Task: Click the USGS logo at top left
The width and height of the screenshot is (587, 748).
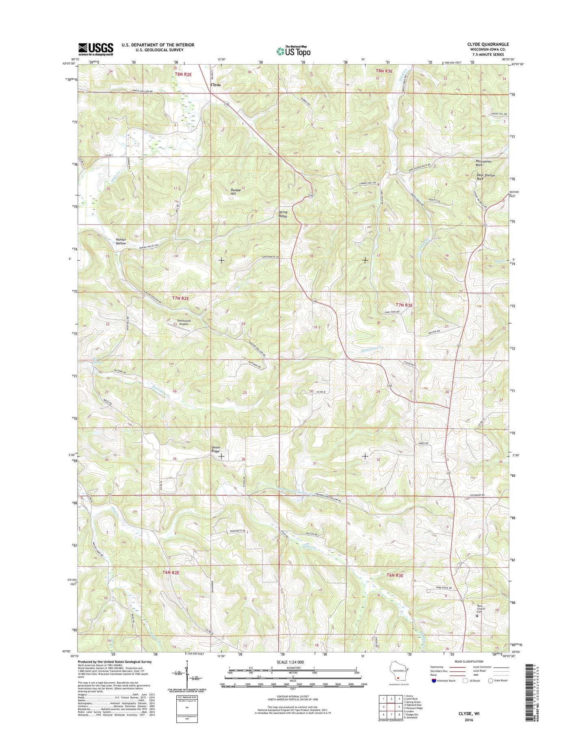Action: click(x=96, y=49)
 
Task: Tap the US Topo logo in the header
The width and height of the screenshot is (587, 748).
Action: click(x=293, y=51)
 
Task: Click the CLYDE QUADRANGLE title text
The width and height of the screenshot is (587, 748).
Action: click(x=488, y=44)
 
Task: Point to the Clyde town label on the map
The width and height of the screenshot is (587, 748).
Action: click(x=216, y=85)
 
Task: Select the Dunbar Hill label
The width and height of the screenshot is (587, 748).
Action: click(x=234, y=191)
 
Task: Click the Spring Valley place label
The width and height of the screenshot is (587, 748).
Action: click(x=283, y=214)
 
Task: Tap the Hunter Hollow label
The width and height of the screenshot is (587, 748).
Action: click(x=121, y=241)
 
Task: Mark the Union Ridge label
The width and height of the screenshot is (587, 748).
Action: click(x=215, y=449)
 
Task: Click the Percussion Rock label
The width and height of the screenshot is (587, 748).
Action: click(x=483, y=163)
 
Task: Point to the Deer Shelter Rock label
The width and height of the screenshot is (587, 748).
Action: click(x=485, y=177)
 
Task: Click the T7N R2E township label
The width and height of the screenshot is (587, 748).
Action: click(x=181, y=298)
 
